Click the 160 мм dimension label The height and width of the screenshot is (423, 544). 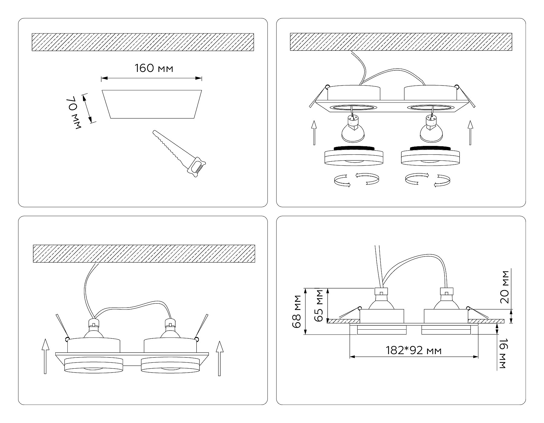pyautogui.click(x=154, y=69)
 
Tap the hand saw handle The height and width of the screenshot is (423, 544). pyautogui.click(x=197, y=166)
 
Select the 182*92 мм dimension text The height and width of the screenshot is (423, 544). pyautogui.click(x=413, y=350)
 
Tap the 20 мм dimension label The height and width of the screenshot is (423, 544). pyautogui.click(x=505, y=287)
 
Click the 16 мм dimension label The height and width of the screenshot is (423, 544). pyautogui.click(x=502, y=354)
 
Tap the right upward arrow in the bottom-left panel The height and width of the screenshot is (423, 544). pyautogui.click(x=219, y=358)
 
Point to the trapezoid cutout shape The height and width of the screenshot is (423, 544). pyautogui.click(x=152, y=104)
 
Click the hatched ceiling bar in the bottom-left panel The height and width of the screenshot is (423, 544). pyautogui.click(x=144, y=253)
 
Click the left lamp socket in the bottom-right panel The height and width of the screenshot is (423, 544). pyautogui.click(x=381, y=292)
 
